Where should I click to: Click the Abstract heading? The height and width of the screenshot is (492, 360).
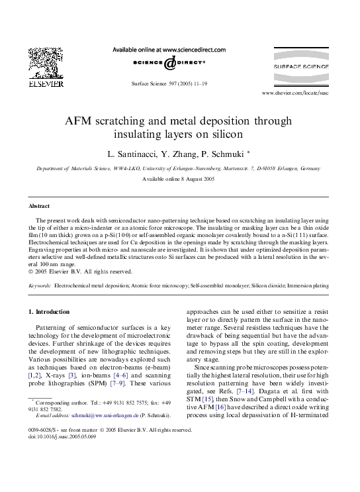point(40,206)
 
